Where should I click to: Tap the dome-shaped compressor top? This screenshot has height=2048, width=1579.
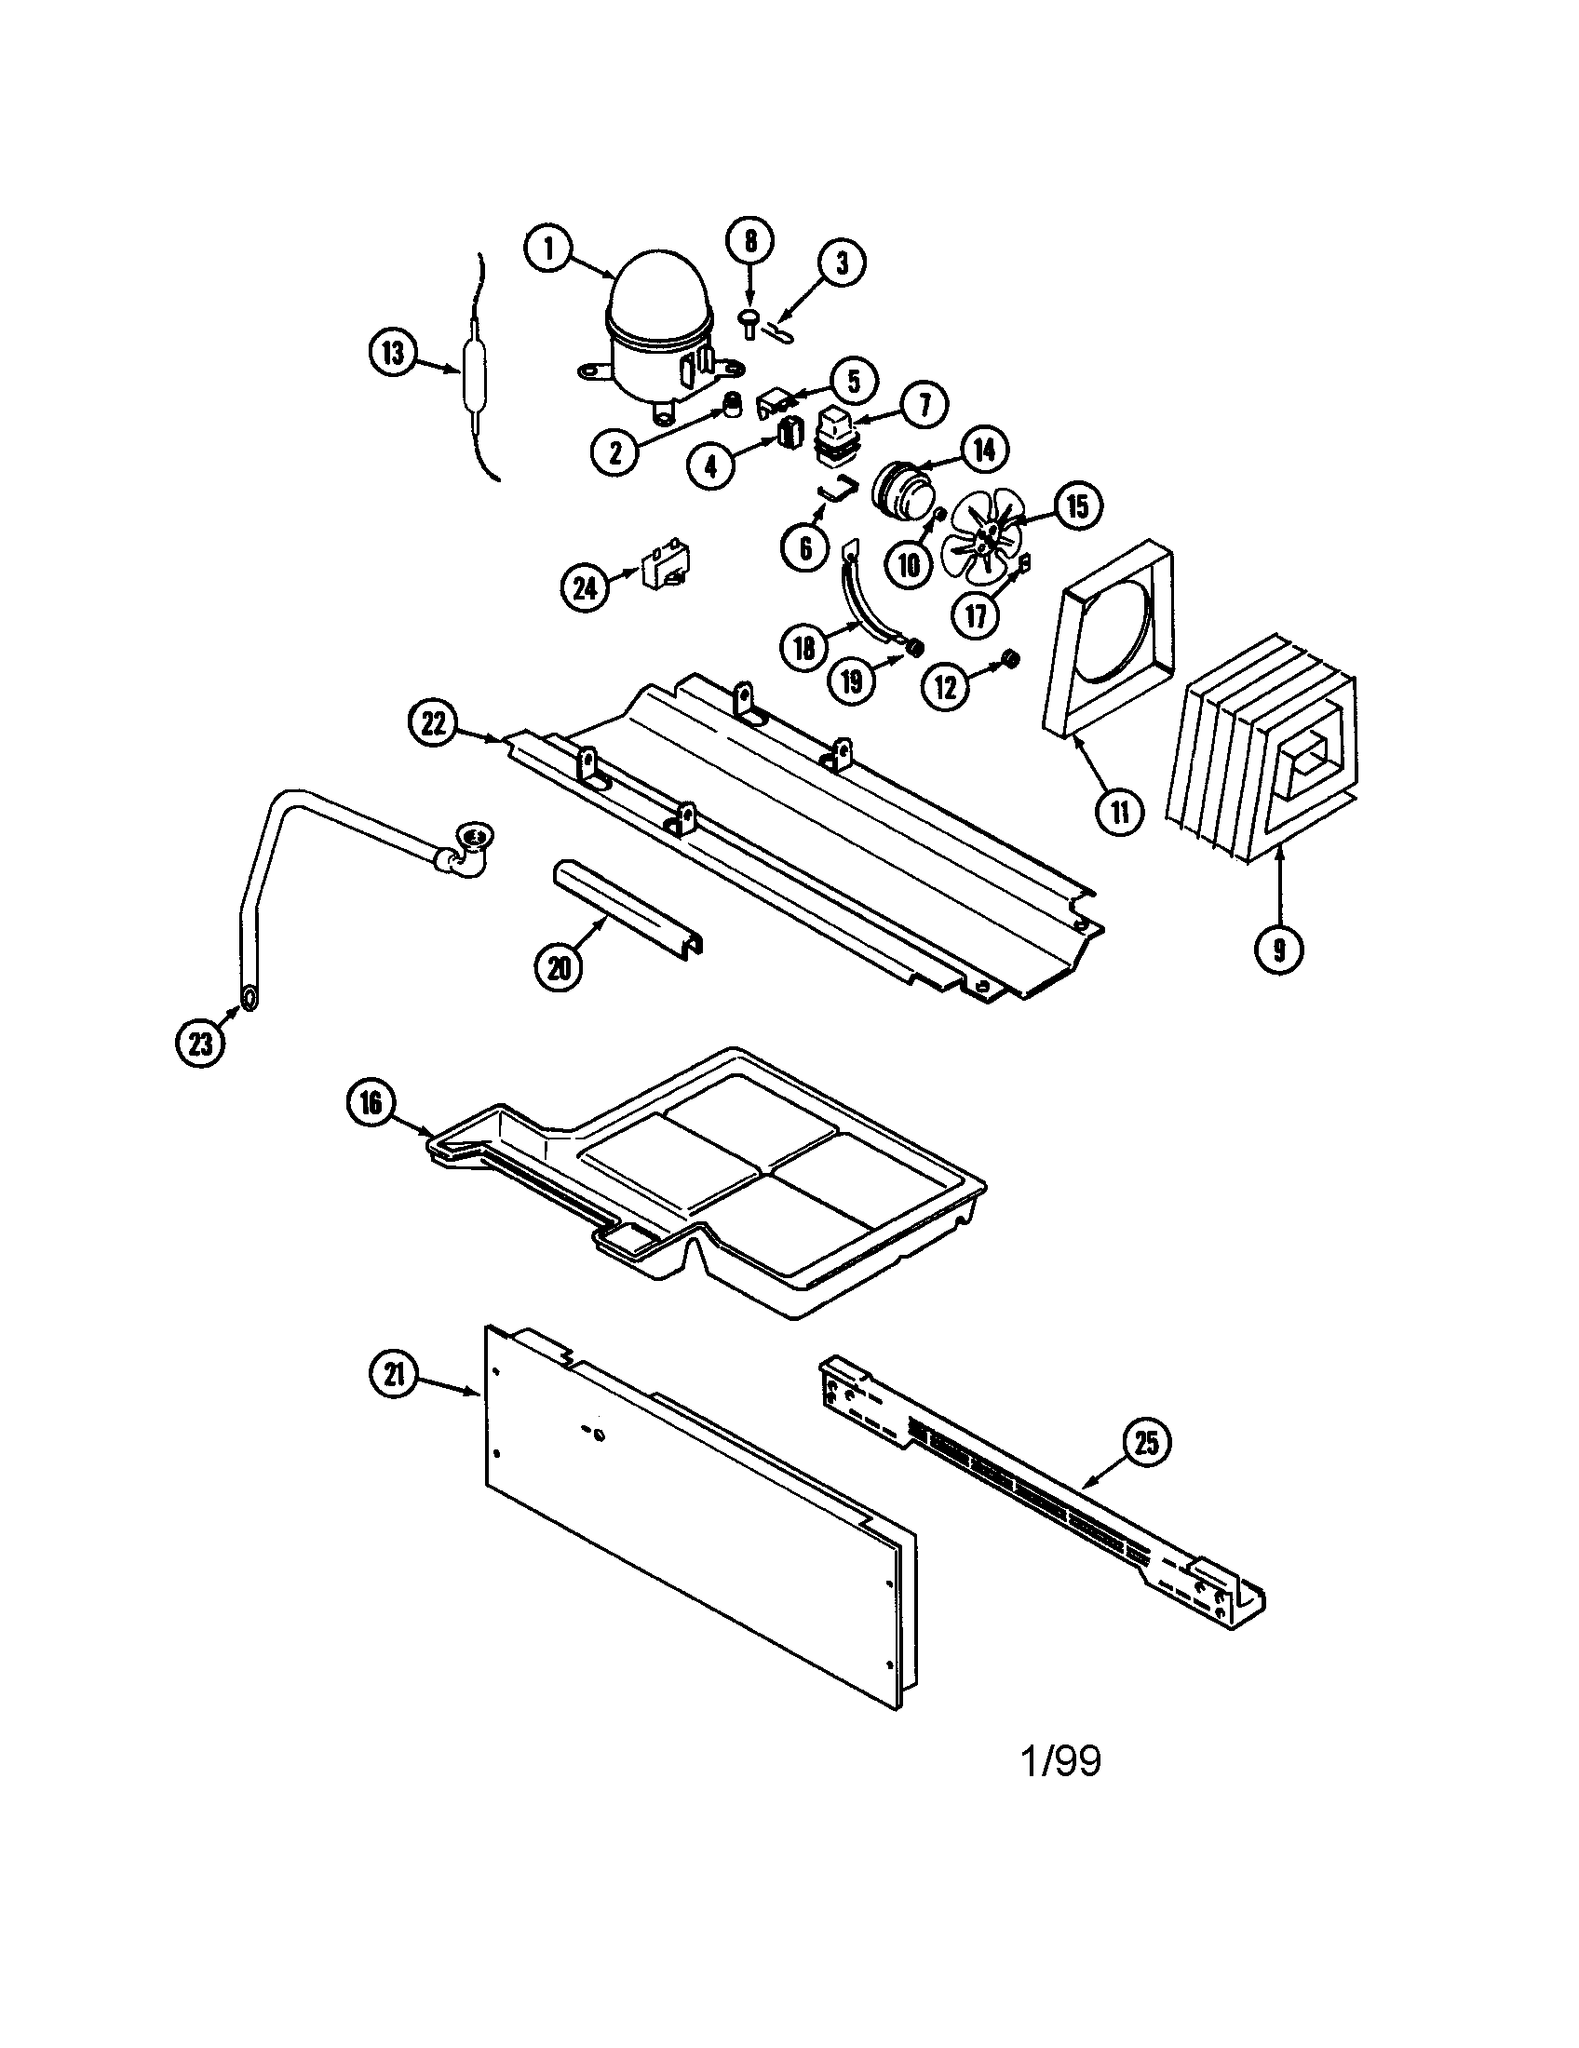click(659, 295)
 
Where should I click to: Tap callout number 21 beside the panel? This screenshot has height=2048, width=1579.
click(395, 1375)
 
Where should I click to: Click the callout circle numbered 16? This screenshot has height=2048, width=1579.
click(371, 1103)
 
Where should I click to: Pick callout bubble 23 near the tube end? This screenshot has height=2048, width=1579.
click(201, 1044)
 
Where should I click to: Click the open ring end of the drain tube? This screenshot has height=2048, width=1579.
click(250, 999)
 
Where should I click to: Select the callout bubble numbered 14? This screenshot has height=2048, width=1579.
click(982, 450)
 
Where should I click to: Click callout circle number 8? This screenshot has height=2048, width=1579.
click(750, 242)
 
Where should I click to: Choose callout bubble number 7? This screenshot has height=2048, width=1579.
click(924, 404)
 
